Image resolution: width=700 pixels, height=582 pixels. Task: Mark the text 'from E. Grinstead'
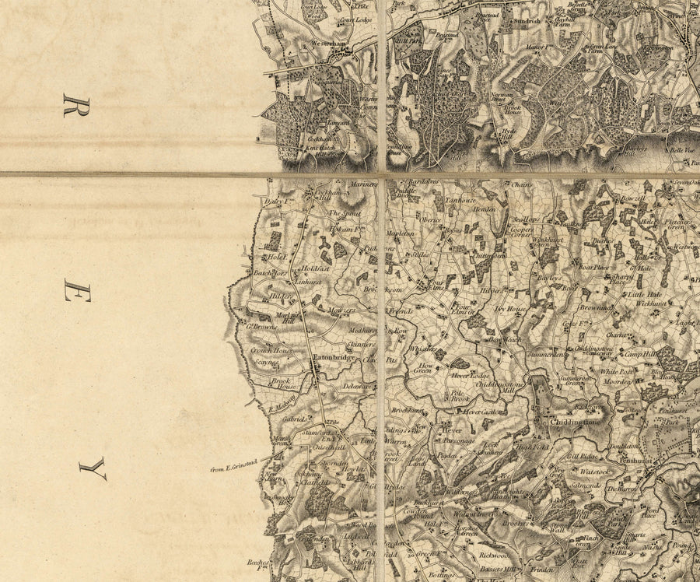233,468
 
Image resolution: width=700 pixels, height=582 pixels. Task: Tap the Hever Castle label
480,412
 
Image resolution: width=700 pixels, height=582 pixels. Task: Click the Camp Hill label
640,352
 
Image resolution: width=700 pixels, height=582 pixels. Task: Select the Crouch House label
269,350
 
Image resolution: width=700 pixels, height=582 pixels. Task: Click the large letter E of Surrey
77,293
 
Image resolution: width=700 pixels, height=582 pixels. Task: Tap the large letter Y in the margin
92,468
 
